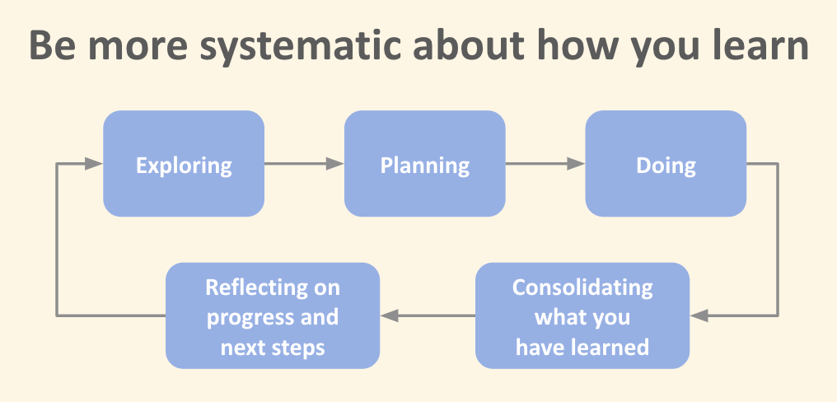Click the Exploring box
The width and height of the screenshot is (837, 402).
[184, 163]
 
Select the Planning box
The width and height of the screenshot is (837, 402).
[425, 163]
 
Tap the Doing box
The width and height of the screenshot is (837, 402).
[666, 163]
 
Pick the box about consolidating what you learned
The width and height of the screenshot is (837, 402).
[582, 316]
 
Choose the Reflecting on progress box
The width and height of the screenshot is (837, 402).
[273, 316]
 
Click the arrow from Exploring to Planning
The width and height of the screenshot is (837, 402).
[304, 164]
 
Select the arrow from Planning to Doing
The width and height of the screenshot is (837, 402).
[545, 164]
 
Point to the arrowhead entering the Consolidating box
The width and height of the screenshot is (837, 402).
[699, 316]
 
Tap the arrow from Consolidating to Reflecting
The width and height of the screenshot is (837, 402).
[428, 316]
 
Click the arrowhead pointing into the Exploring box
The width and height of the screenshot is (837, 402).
[94, 164]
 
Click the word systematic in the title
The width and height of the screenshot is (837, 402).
[301, 46]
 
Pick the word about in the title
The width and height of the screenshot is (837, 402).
[465, 44]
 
